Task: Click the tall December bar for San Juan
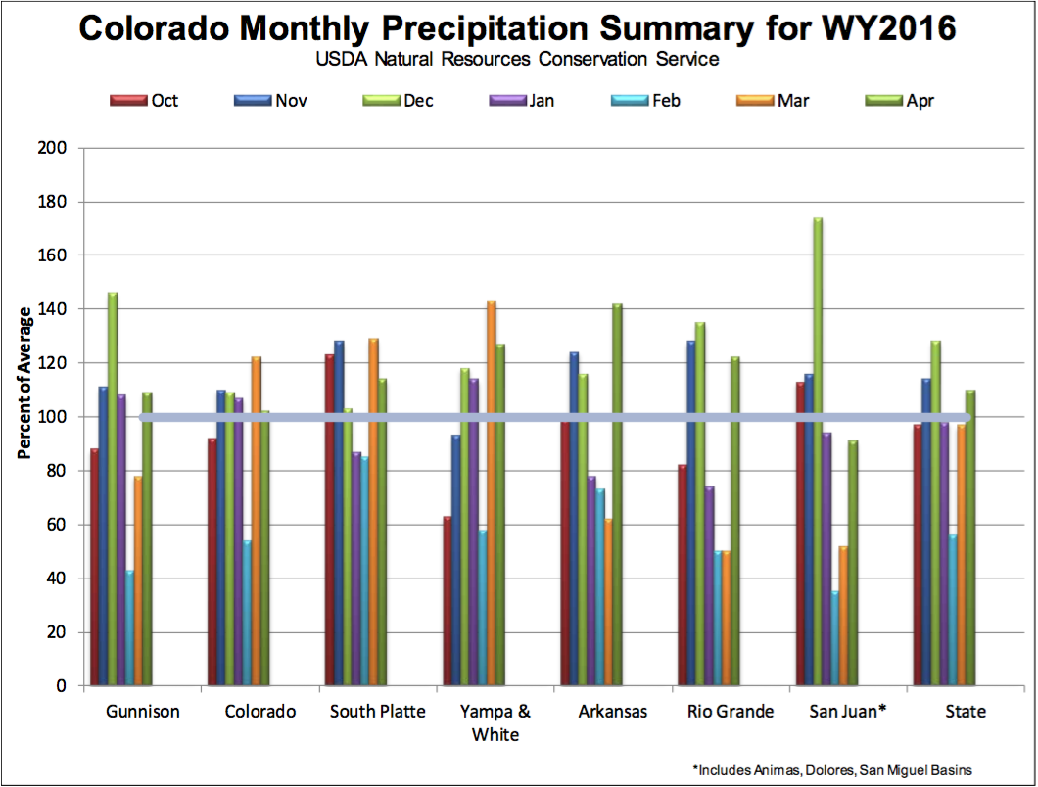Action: tap(819, 450)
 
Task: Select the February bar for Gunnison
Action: tap(129, 627)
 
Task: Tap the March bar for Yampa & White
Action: tap(492, 492)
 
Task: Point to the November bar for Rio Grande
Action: tap(691, 513)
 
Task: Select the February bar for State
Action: tap(953, 610)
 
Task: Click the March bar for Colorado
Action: tap(257, 521)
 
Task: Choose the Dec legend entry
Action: tap(398, 101)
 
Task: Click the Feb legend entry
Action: tap(646, 101)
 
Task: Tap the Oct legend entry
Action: tap(144, 101)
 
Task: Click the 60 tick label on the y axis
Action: tap(56, 525)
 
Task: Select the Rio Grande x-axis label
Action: tap(731, 712)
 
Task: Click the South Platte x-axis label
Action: tap(377, 712)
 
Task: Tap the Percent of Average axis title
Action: tap(24, 384)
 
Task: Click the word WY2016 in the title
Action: tap(889, 28)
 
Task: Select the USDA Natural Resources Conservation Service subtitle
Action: tap(517, 59)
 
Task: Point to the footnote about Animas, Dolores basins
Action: tap(832, 770)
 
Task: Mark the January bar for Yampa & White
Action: tap(474, 532)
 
